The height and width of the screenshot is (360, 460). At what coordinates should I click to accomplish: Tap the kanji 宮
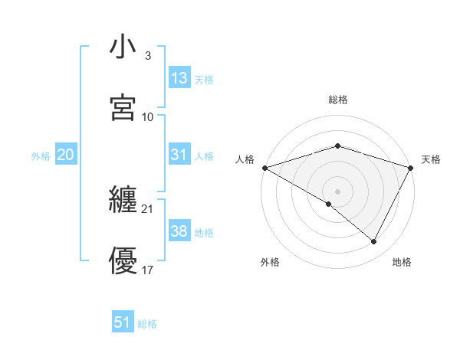(x=123, y=107)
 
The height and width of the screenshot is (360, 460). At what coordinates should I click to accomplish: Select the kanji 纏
(x=123, y=201)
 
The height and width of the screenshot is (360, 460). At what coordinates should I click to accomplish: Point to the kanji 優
(x=123, y=260)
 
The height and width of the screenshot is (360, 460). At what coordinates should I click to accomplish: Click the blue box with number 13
(x=179, y=78)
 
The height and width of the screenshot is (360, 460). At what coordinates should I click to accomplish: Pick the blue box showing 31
(x=179, y=155)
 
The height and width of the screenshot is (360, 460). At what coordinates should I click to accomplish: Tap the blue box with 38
(x=179, y=231)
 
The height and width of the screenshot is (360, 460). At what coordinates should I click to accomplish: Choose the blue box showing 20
(x=65, y=155)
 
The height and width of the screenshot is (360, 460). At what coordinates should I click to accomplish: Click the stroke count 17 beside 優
(x=147, y=270)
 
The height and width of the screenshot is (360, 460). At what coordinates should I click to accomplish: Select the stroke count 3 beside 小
(x=147, y=56)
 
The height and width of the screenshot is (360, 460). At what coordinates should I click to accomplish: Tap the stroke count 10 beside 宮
(x=148, y=116)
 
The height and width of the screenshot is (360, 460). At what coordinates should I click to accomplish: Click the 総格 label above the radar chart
(x=338, y=100)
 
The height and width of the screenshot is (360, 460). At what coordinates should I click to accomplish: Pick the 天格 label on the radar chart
(x=431, y=159)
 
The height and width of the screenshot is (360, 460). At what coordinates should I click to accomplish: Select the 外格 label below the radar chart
(x=270, y=262)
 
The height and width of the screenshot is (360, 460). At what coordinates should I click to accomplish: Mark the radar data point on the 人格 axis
(x=264, y=167)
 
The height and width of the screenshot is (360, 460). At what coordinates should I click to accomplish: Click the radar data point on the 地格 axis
(x=374, y=242)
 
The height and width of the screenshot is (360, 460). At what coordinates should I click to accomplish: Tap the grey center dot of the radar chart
(x=338, y=191)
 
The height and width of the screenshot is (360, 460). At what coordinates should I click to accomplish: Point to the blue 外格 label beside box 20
(x=41, y=155)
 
